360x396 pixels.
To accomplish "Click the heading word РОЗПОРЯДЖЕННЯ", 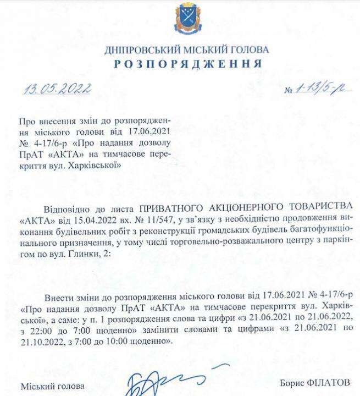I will (187, 64).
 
